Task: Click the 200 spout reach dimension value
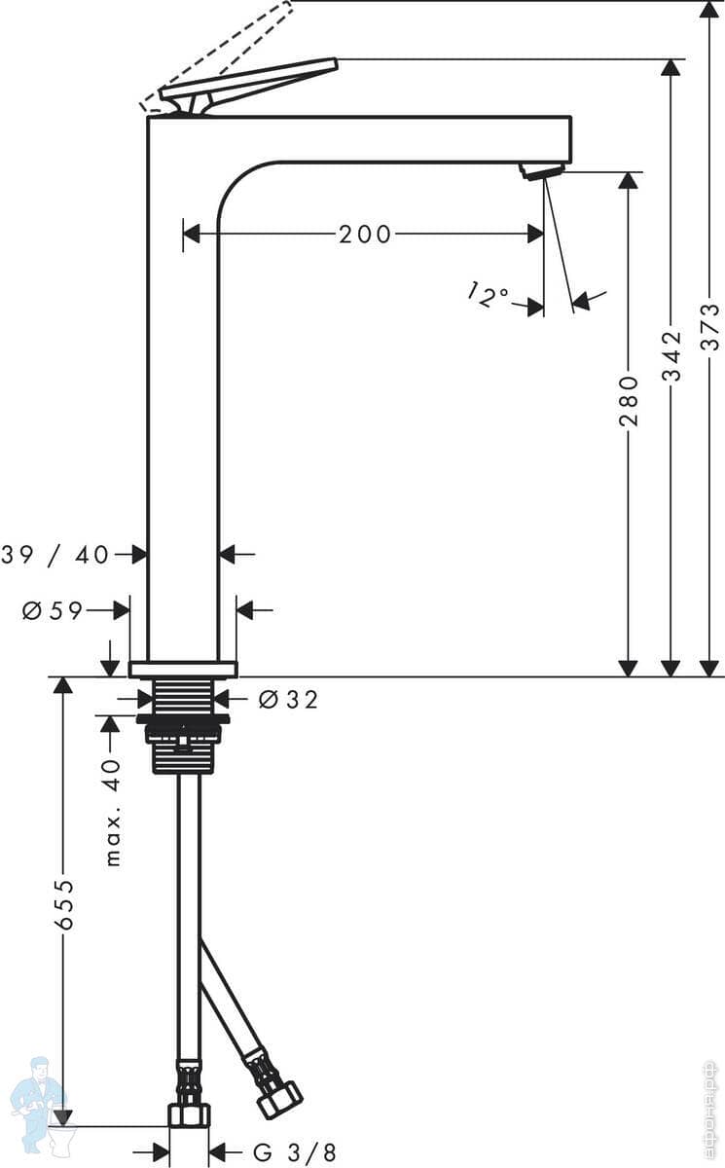(365, 235)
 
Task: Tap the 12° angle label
(488, 294)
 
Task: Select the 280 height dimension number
(629, 401)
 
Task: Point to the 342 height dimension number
(671, 355)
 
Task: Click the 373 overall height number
(710, 327)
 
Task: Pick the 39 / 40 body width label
(55, 555)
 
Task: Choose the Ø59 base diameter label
(53, 611)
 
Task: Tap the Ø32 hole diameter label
(289, 699)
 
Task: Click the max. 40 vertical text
(113, 813)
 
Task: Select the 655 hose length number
(64, 904)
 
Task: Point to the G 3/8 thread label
(295, 1153)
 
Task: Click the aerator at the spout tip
(542, 171)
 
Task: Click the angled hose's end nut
(280, 1100)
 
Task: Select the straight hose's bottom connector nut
(189, 1114)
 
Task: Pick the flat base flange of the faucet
(183, 669)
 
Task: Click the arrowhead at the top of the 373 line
(710, 10)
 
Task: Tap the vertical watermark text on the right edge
(710, 1110)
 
